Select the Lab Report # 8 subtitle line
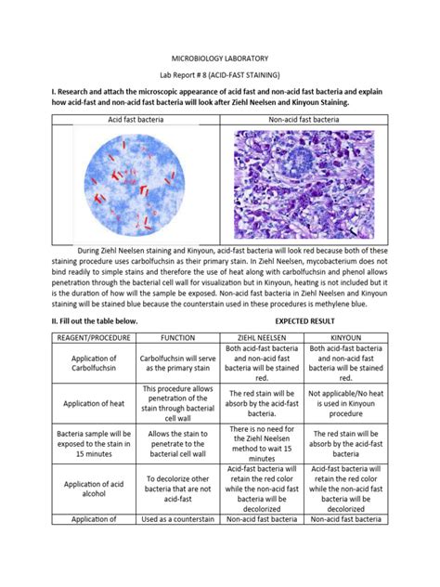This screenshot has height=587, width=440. [x=219, y=72]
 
